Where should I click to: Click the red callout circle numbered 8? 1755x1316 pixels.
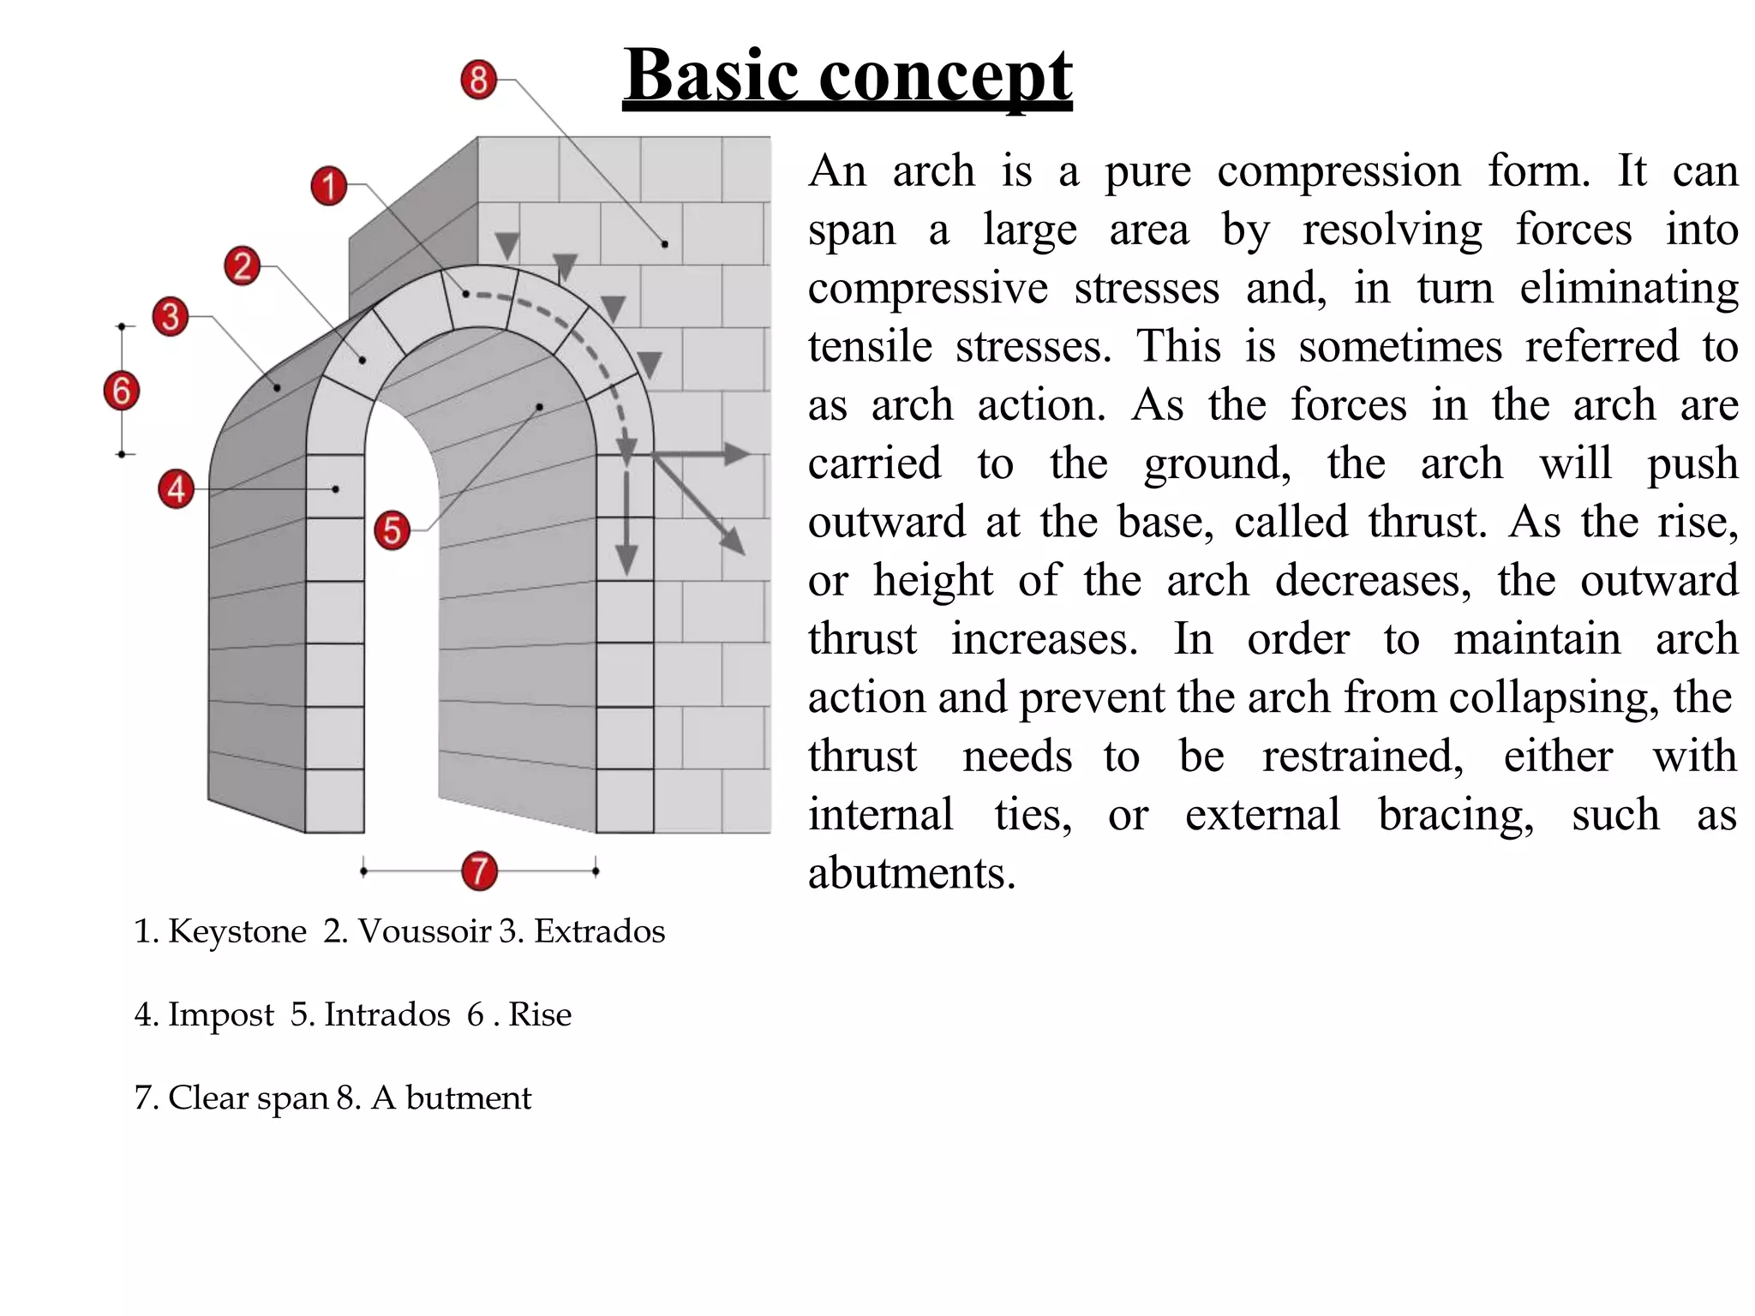pos(478,80)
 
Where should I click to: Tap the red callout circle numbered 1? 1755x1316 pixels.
pos(328,186)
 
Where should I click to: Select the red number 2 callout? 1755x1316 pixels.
pos(243,266)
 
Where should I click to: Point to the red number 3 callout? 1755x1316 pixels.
pos(171,316)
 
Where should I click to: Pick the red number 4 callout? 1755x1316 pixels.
pos(176,489)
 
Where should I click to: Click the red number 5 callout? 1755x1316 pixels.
pos(392,530)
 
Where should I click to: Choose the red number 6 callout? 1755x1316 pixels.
pos(122,391)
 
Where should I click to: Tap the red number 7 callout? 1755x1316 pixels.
pos(479,871)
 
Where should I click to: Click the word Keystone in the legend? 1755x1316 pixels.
pos(237,931)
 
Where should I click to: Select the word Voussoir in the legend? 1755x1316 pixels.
pos(424,931)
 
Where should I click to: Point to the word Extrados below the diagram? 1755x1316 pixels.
pos(599,931)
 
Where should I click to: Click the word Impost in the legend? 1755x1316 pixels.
pos(221,1014)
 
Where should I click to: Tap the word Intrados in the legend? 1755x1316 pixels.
pos(386,1014)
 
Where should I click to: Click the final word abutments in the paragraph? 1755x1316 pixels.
pos(911,873)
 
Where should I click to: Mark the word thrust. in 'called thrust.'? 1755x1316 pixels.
pos(1428,522)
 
